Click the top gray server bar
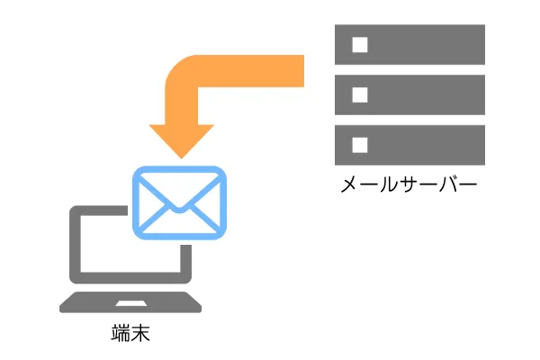tap(409, 44)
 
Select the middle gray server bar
tap(409, 94)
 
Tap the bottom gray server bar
tap(409, 145)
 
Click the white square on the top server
tap(360, 45)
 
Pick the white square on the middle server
tap(360, 95)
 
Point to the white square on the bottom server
tap(360, 145)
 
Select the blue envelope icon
tap(179, 202)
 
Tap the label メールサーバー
tap(409, 184)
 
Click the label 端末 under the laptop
tap(130, 333)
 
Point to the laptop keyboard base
tap(130, 302)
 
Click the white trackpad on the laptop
tap(130, 303)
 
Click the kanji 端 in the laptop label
tap(121, 333)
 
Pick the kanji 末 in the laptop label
tap(141, 333)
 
